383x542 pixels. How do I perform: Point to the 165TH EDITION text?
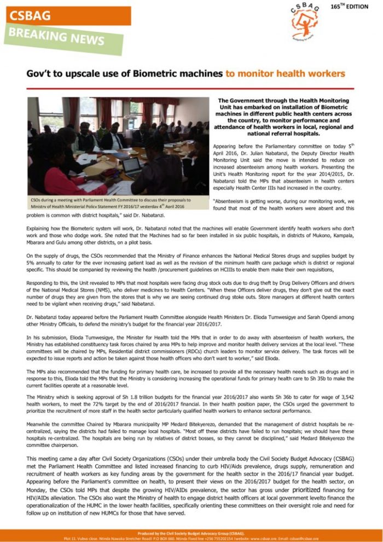[x=351, y=6]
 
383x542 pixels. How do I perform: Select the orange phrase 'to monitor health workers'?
[x=285, y=73]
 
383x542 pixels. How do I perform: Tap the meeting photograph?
[x=118, y=145]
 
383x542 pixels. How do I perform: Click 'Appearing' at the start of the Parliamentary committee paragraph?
[x=225, y=147]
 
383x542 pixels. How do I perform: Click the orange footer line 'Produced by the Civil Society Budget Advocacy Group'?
[x=190, y=532]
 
